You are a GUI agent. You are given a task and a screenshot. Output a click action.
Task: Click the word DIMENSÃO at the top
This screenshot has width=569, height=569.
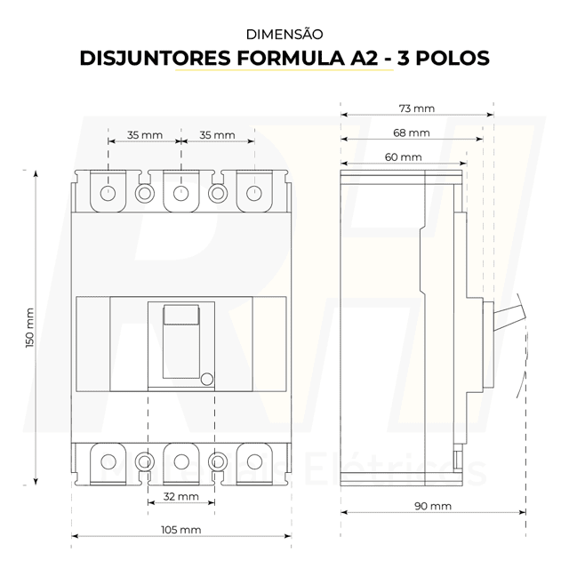click(284, 35)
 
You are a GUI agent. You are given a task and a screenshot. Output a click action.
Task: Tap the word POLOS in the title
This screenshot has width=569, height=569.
click(447, 60)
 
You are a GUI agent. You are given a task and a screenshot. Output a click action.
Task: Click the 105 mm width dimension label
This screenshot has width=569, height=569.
click(180, 529)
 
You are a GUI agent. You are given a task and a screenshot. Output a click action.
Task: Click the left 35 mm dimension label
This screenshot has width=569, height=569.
click(144, 135)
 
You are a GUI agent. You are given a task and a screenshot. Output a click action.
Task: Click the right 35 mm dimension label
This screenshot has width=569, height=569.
click(217, 135)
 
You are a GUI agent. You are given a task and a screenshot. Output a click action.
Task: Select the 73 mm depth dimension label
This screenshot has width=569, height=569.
click(417, 108)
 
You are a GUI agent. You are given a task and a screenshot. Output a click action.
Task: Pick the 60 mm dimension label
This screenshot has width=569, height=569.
click(404, 156)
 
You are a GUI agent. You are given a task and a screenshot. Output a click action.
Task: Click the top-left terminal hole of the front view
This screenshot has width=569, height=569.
click(108, 192)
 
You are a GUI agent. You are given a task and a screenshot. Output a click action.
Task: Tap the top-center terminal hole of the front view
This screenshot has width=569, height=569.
click(180, 192)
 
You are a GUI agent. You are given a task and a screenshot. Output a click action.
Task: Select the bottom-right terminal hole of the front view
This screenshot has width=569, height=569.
click(254, 461)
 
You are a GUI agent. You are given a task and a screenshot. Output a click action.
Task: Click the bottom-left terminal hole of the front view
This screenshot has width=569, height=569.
click(108, 461)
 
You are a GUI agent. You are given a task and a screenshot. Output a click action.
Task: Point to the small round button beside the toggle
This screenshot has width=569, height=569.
click(206, 379)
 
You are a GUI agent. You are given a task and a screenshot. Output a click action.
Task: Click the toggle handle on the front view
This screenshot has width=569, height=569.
click(180, 317)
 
